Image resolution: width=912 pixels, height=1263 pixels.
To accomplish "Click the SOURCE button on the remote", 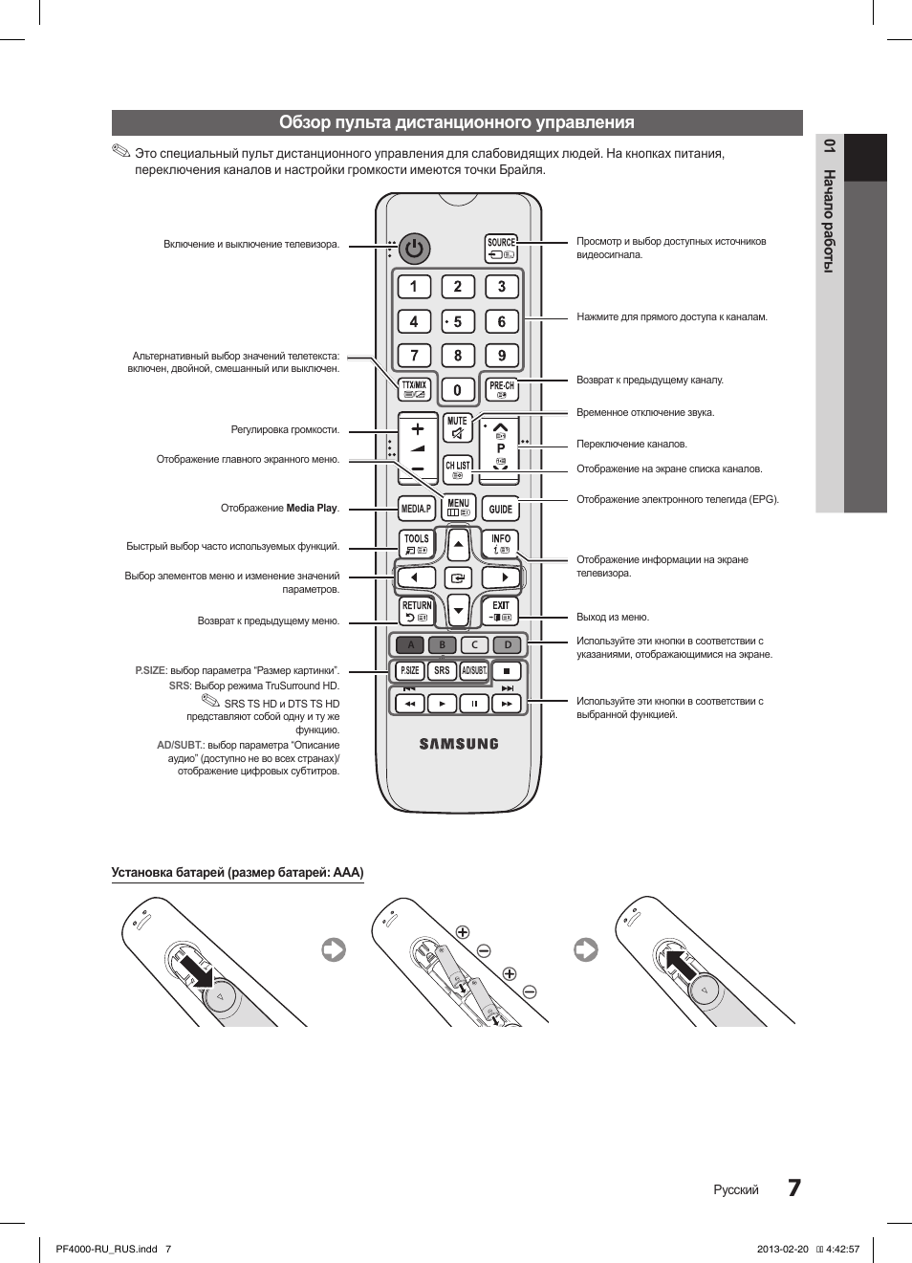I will [x=501, y=249].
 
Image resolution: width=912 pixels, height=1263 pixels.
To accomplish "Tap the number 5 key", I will [x=458, y=321].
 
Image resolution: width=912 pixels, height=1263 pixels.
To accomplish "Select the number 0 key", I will [x=457, y=389].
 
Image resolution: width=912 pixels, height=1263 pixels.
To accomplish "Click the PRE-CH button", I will [x=501, y=389].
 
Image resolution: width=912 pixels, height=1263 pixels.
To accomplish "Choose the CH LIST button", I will [x=458, y=468].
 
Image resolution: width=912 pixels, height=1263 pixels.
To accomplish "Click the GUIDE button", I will [x=501, y=509].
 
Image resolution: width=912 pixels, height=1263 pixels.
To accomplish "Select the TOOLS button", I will [x=417, y=544].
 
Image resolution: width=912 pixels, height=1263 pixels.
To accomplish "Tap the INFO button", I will [x=501, y=544].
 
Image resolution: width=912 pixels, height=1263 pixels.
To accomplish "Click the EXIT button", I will [x=501, y=610].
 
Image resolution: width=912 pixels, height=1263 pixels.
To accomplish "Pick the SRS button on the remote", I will [x=442, y=670].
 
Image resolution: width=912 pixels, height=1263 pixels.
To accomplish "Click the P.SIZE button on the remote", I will [x=409, y=670].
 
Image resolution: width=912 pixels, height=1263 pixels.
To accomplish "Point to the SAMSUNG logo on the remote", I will [x=459, y=744].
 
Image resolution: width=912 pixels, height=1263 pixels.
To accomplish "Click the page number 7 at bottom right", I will [x=794, y=1187].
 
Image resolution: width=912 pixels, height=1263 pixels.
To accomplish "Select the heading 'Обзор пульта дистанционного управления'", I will [x=457, y=122].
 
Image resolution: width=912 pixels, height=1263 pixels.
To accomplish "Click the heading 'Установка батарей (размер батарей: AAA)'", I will [x=237, y=872].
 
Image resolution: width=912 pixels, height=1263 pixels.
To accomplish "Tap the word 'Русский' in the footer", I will [x=736, y=1189].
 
